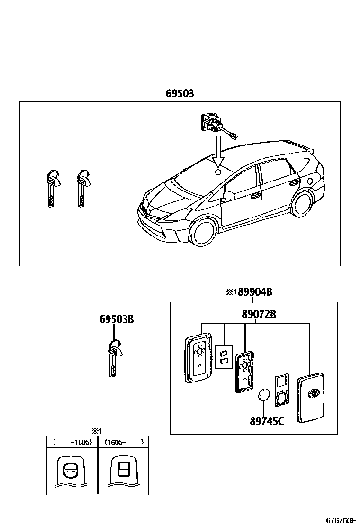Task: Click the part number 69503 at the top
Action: click(180, 94)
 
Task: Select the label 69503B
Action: click(117, 319)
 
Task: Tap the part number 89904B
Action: click(254, 292)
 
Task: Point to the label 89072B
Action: click(256, 314)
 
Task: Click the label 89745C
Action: click(267, 420)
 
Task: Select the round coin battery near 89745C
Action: click(264, 396)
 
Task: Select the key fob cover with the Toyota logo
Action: click(311, 397)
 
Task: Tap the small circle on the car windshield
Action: click(218, 172)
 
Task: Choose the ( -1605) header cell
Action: click(72, 442)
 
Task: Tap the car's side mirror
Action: click(229, 195)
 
